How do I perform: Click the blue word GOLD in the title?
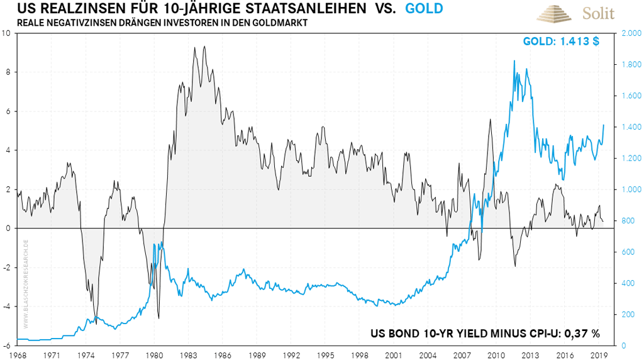pyautogui.click(x=424, y=9)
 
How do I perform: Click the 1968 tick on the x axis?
pyautogui.click(x=18, y=354)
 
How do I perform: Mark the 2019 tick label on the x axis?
pyautogui.click(x=598, y=354)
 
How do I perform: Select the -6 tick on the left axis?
pyautogui.click(x=6, y=346)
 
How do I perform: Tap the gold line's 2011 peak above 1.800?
pyautogui.click(x=514, y=61)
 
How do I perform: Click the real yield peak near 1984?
pyautogui.click(x=195, y=47)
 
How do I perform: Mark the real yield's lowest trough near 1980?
pyautogui.click(x=158, y=318)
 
